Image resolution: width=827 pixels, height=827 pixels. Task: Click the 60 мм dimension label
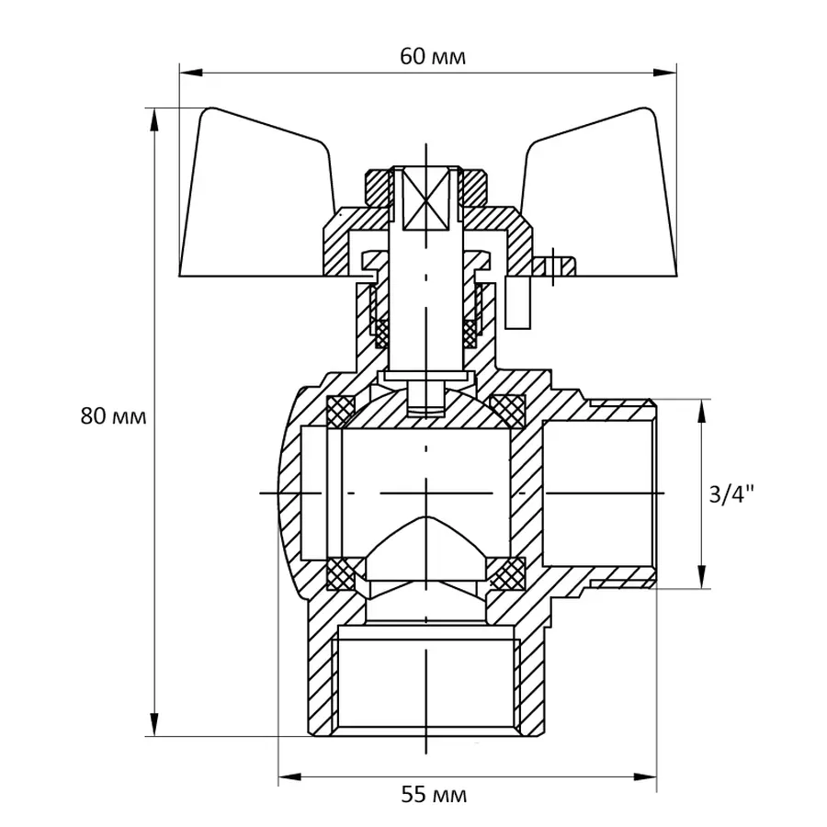(x=433, y=57)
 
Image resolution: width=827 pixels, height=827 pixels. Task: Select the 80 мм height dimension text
(x=113, y=415)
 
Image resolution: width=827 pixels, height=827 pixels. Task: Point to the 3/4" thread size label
(x=731, y=494)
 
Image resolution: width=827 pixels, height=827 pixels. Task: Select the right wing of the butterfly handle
(x=597, y=198)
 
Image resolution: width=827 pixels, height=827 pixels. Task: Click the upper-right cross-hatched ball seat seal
(x=507, y=408)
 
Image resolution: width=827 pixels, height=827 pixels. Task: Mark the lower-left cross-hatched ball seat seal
(x=343, y=574)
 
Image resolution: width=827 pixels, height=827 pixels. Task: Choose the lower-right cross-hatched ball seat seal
(x=507, y=574)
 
